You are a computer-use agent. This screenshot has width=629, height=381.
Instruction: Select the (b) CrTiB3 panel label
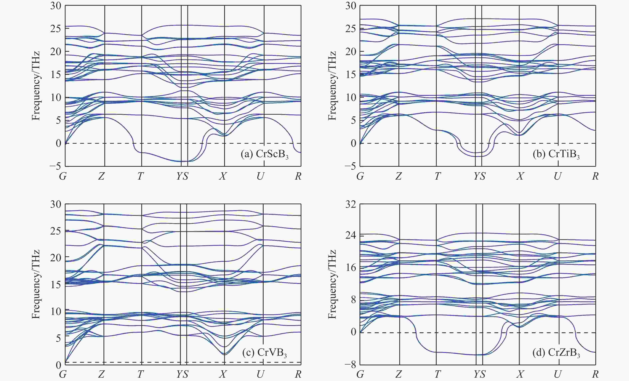click(556, 154)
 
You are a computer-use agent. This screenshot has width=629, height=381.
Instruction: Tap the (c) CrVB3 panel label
click(264, 353)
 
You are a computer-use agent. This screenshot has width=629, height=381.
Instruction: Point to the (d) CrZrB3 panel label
click(556, 353)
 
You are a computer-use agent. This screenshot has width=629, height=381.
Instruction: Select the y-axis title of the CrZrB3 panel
click(332, 284)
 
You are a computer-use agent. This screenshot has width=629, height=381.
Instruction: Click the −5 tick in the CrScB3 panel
click(55, 166)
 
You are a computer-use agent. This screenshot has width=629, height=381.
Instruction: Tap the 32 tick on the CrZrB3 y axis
click(350, 204)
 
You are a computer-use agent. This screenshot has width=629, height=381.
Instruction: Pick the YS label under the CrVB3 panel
click(182, 374)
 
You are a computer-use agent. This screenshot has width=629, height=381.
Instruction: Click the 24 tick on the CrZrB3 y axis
click(350, 235)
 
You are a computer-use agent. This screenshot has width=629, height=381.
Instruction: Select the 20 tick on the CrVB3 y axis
click(56, 257)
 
